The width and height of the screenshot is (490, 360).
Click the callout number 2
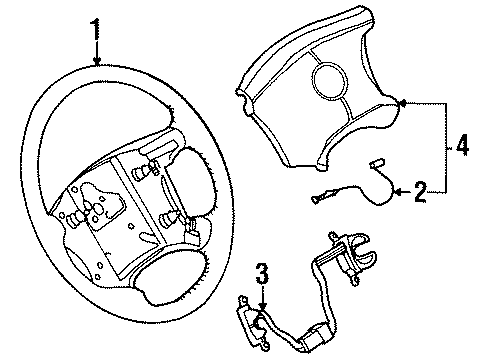pyautogui.click(x=421, y=189)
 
